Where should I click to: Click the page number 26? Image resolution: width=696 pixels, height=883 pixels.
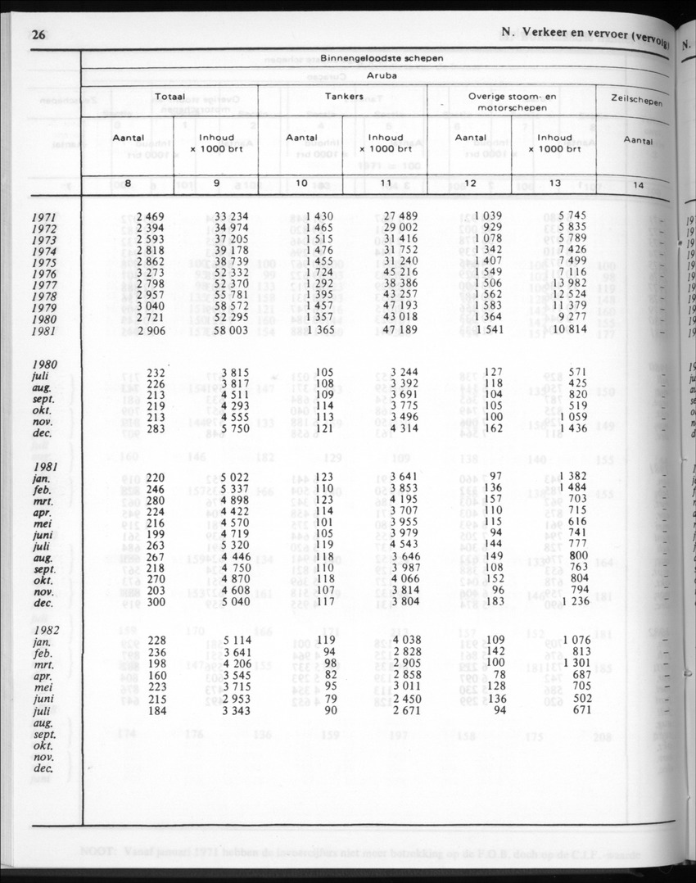38,34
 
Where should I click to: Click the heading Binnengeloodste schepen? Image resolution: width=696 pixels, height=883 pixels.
382,58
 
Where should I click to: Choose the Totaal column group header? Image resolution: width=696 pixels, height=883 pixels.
169,96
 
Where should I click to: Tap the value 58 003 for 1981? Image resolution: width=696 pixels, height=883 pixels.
232,330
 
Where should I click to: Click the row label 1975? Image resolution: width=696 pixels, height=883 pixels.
44,263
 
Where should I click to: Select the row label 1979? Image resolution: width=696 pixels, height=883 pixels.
44,309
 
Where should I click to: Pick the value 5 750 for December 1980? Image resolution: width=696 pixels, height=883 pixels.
236,428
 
